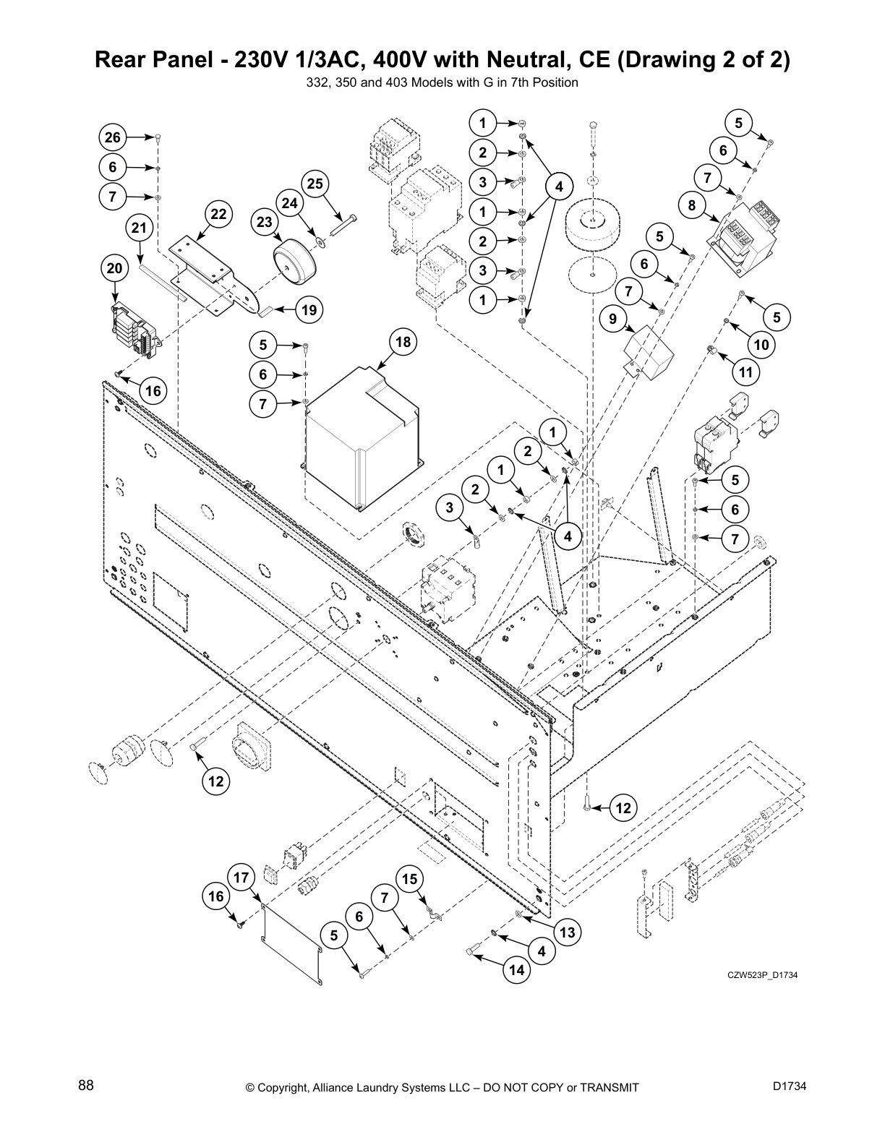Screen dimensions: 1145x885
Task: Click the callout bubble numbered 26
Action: tap(113, 137)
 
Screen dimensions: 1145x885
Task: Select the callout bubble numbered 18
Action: tap(403, 342)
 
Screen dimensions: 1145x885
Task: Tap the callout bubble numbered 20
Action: tap(114, 268)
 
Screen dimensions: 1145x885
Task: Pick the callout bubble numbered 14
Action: tap(516, 970)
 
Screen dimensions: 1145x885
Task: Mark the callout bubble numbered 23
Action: tap(265, 222)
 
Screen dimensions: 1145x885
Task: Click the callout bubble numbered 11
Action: tap(745, 372)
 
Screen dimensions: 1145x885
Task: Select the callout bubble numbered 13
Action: tap(567, 932)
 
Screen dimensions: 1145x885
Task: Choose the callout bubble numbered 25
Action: tap(315, 184)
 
